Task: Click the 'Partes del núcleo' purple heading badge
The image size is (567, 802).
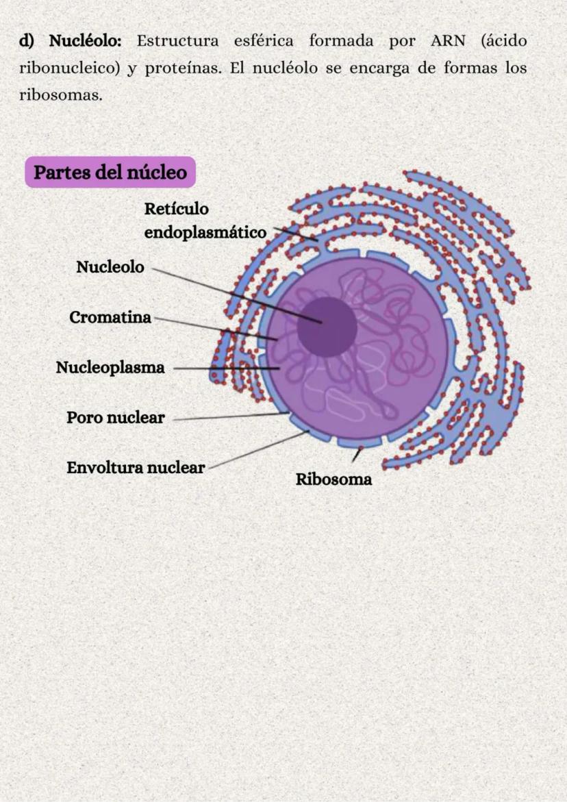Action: (110, 172)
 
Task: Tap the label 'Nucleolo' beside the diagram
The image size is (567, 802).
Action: (110, 267)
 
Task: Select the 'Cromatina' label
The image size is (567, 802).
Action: (110, 318)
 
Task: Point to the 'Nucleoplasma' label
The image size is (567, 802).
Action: (110, 368)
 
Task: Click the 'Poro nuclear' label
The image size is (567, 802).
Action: (115, 417)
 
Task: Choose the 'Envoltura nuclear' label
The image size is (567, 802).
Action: (136, 468)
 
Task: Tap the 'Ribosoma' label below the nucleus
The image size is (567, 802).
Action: (333, 479)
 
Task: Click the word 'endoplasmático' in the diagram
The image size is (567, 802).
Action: (205, 233)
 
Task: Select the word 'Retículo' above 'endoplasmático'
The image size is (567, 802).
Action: (176, 208)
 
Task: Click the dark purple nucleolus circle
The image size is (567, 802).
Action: (327, 327)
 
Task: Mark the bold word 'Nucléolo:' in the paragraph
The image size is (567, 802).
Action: (85, 41)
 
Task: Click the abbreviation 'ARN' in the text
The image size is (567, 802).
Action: (448, 41)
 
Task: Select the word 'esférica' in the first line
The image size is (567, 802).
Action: (263, 41)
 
